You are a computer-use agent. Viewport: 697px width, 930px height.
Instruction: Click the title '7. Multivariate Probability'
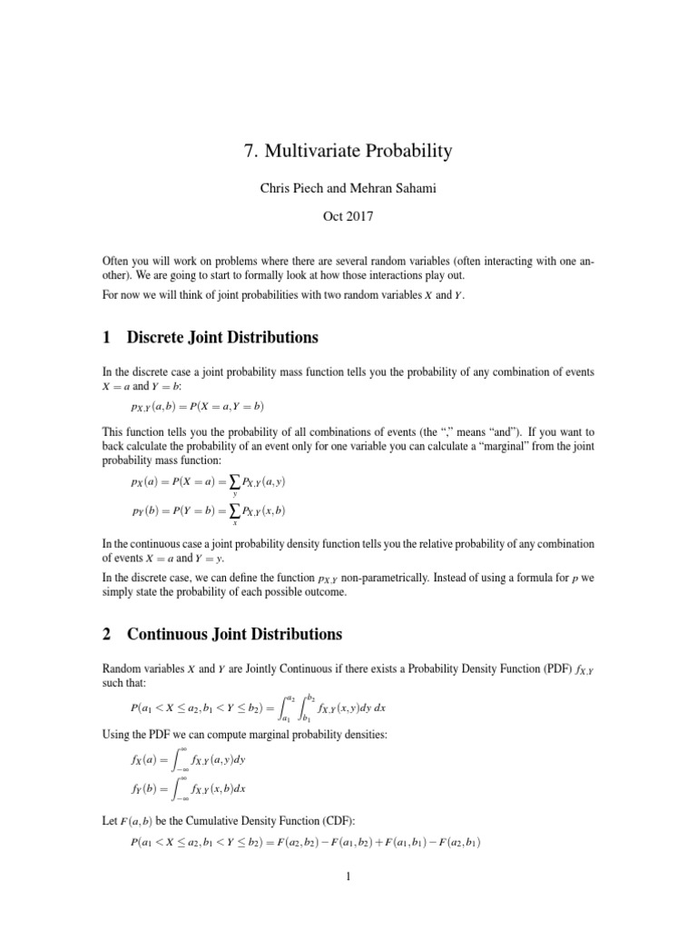[348, 152]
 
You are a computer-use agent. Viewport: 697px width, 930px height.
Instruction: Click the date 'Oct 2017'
[348, 219]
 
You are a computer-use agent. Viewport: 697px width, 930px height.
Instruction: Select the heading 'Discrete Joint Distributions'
[222, 338]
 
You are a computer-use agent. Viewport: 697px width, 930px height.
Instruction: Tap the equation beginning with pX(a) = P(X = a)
[209, 482]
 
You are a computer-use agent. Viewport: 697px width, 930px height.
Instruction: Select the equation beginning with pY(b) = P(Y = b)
[209, 512]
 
